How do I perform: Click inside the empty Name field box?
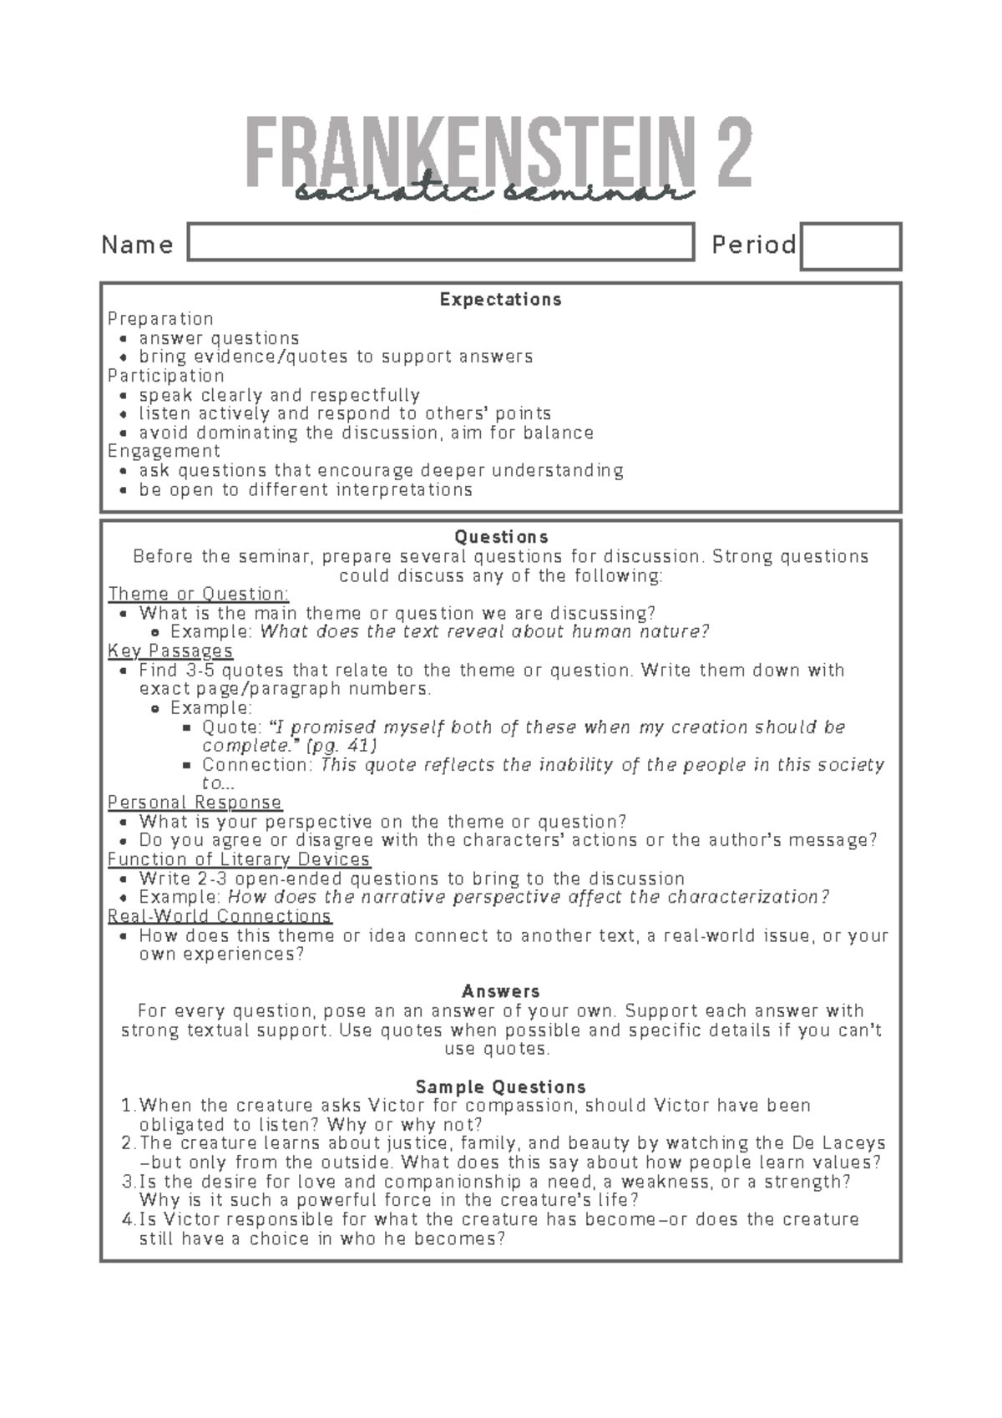coord(441,242)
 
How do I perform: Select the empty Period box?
coord(850,246)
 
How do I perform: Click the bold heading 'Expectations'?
coord(500,299)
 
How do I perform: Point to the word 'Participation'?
coord(166,376)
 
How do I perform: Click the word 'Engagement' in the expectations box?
coord(164,451)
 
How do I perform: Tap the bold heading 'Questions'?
coord(500,537)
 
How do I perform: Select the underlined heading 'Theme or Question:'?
coord(199,594)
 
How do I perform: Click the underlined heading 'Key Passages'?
coord(170,651)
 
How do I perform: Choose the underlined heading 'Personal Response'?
coord(195,803)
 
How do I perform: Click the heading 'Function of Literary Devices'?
coord(239,859)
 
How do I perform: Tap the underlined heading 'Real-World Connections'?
coord(220,916)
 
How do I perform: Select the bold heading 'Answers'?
coord(500,991)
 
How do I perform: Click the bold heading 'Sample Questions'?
coord(500,1087)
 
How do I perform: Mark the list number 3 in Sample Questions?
coord(127,1182)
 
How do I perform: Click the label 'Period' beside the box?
coord(753,245)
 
